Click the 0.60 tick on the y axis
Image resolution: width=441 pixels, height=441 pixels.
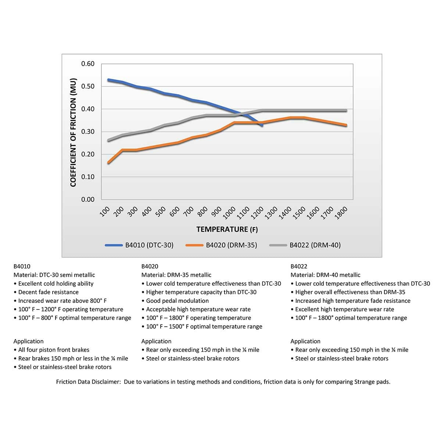tap(88, 64)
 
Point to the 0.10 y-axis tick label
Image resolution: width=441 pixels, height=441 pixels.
tap(88, 177)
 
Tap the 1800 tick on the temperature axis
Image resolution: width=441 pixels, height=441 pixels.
tap(341, 213)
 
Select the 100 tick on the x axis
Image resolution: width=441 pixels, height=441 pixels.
tap(105, 211)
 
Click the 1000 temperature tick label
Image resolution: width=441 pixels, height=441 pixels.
tap(229, 213)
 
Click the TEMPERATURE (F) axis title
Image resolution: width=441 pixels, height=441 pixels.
tap(227, 229)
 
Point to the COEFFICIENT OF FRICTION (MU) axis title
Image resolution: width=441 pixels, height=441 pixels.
tap(73, 133)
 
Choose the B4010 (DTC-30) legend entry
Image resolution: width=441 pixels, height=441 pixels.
tap(139, 245)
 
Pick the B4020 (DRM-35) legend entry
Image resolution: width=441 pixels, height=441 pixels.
tap(221, 245)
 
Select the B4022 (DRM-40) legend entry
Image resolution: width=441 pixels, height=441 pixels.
tap(305, 245)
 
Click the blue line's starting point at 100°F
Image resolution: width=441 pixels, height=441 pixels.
tap(108, 80)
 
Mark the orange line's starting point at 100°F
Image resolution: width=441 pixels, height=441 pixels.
tap(108, 163)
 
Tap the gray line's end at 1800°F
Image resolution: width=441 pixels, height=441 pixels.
tap(346, 111)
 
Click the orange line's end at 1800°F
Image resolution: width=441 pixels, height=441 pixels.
tap(346, 125)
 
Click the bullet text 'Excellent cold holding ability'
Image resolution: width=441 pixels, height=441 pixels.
tap(56, 284)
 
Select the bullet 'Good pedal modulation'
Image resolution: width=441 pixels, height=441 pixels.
tap(178, 301)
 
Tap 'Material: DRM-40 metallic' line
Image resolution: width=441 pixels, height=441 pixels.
tap(325, 275)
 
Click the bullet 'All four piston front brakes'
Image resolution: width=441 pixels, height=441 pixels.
tap(54, 350)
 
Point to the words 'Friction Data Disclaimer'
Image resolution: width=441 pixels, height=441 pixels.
tap(88, 382)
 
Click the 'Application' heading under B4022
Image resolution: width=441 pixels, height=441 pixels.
tap(305, 341)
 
